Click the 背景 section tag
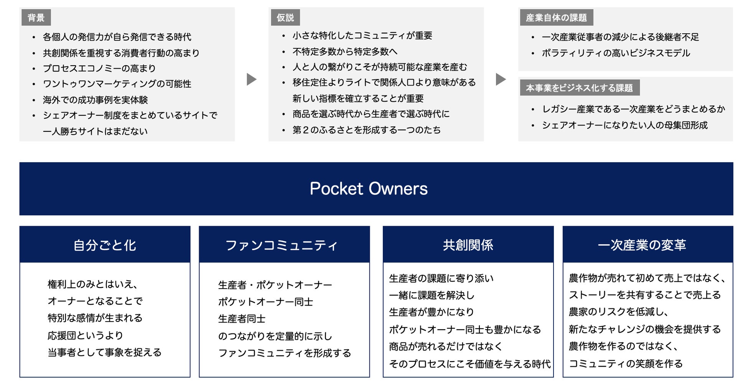point(36,18)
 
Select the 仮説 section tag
point(285,18)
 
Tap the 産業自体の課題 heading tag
point(556,18)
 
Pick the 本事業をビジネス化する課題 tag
point(579,88)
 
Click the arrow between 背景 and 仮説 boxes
point(251,79)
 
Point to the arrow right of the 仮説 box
point(501,79)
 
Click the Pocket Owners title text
point(369,189)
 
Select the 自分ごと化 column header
point(105,245)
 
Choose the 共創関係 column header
point(468,245)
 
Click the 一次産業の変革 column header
point(642,245)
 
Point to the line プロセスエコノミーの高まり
point(99,68)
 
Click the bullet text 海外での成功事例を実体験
point(96,100)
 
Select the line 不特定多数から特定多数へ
point(345,51)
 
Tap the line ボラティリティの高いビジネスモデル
point(616,53)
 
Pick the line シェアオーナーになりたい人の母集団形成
point(624,125)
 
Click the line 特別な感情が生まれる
point(95,318)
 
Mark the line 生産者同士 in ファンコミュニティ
point(242,319)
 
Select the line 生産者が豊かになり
point(432,312)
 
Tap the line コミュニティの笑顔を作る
point(626,363)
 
